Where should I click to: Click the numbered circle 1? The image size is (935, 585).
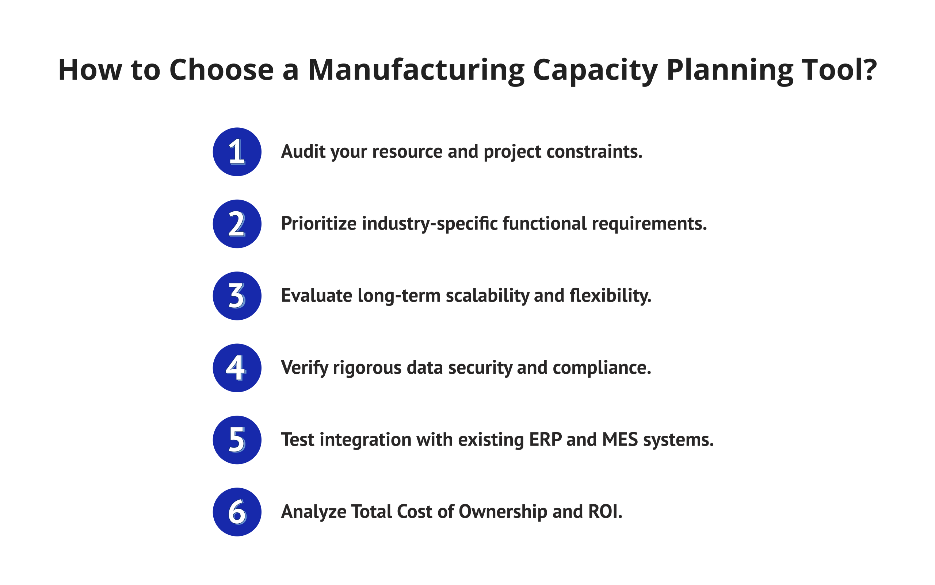tap(237, 152)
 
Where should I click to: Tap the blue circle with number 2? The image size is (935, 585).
tap(237, 224)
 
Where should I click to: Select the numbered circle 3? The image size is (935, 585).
tap(237, 296)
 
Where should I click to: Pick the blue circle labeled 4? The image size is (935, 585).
tap(237, 367)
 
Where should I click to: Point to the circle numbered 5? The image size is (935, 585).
tap(237, 439)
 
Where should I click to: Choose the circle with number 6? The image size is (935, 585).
tap(237, 512)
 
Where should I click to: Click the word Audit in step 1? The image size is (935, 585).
tap(303, 151)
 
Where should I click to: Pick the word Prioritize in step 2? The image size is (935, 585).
tap(318, 224)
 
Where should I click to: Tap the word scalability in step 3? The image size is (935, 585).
tap(487, 296)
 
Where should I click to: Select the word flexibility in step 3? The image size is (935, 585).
tap(610, 296)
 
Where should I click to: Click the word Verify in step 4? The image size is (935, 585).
tap(304, 367)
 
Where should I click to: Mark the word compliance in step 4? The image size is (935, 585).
tap(602, 367)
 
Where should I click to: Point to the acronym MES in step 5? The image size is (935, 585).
tap(620, 439)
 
